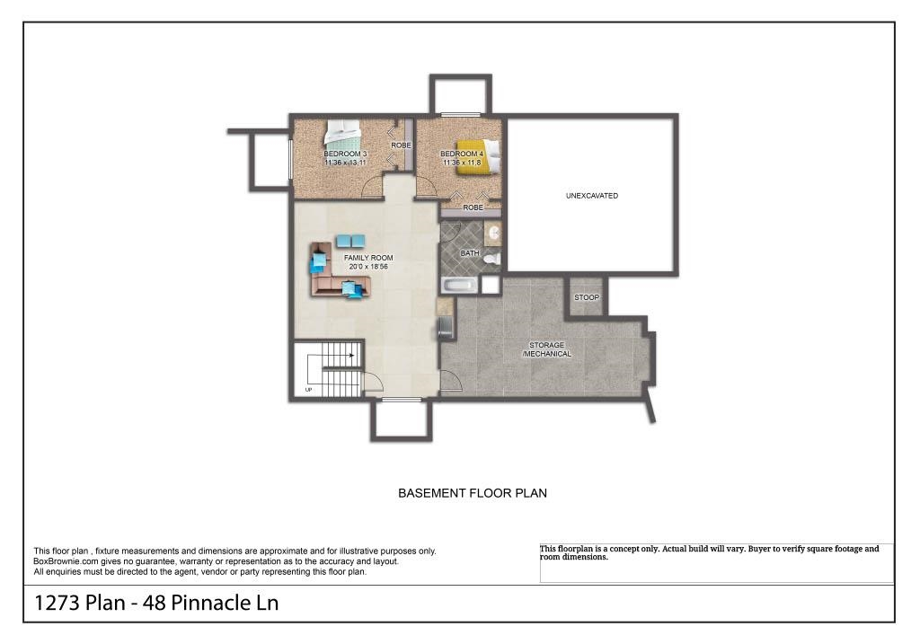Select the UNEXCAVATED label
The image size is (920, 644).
(591, 196)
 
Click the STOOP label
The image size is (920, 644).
(587, 297)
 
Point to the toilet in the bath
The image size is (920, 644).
(491, 259)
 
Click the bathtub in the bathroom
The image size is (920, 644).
(460, 287)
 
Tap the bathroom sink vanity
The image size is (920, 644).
(493, 234)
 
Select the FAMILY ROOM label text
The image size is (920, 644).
(368, 258)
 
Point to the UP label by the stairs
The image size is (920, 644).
(309, 390)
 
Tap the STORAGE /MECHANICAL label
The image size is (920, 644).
(546, 349)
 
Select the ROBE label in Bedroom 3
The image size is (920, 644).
(401, 146)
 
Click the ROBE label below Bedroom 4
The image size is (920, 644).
(473, 207)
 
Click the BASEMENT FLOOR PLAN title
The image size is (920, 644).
(473, 493)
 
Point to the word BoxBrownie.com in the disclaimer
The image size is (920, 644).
(66, 561)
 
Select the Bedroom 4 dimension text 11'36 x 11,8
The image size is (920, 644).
(463, 163)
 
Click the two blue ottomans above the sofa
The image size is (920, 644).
(350, 241)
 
